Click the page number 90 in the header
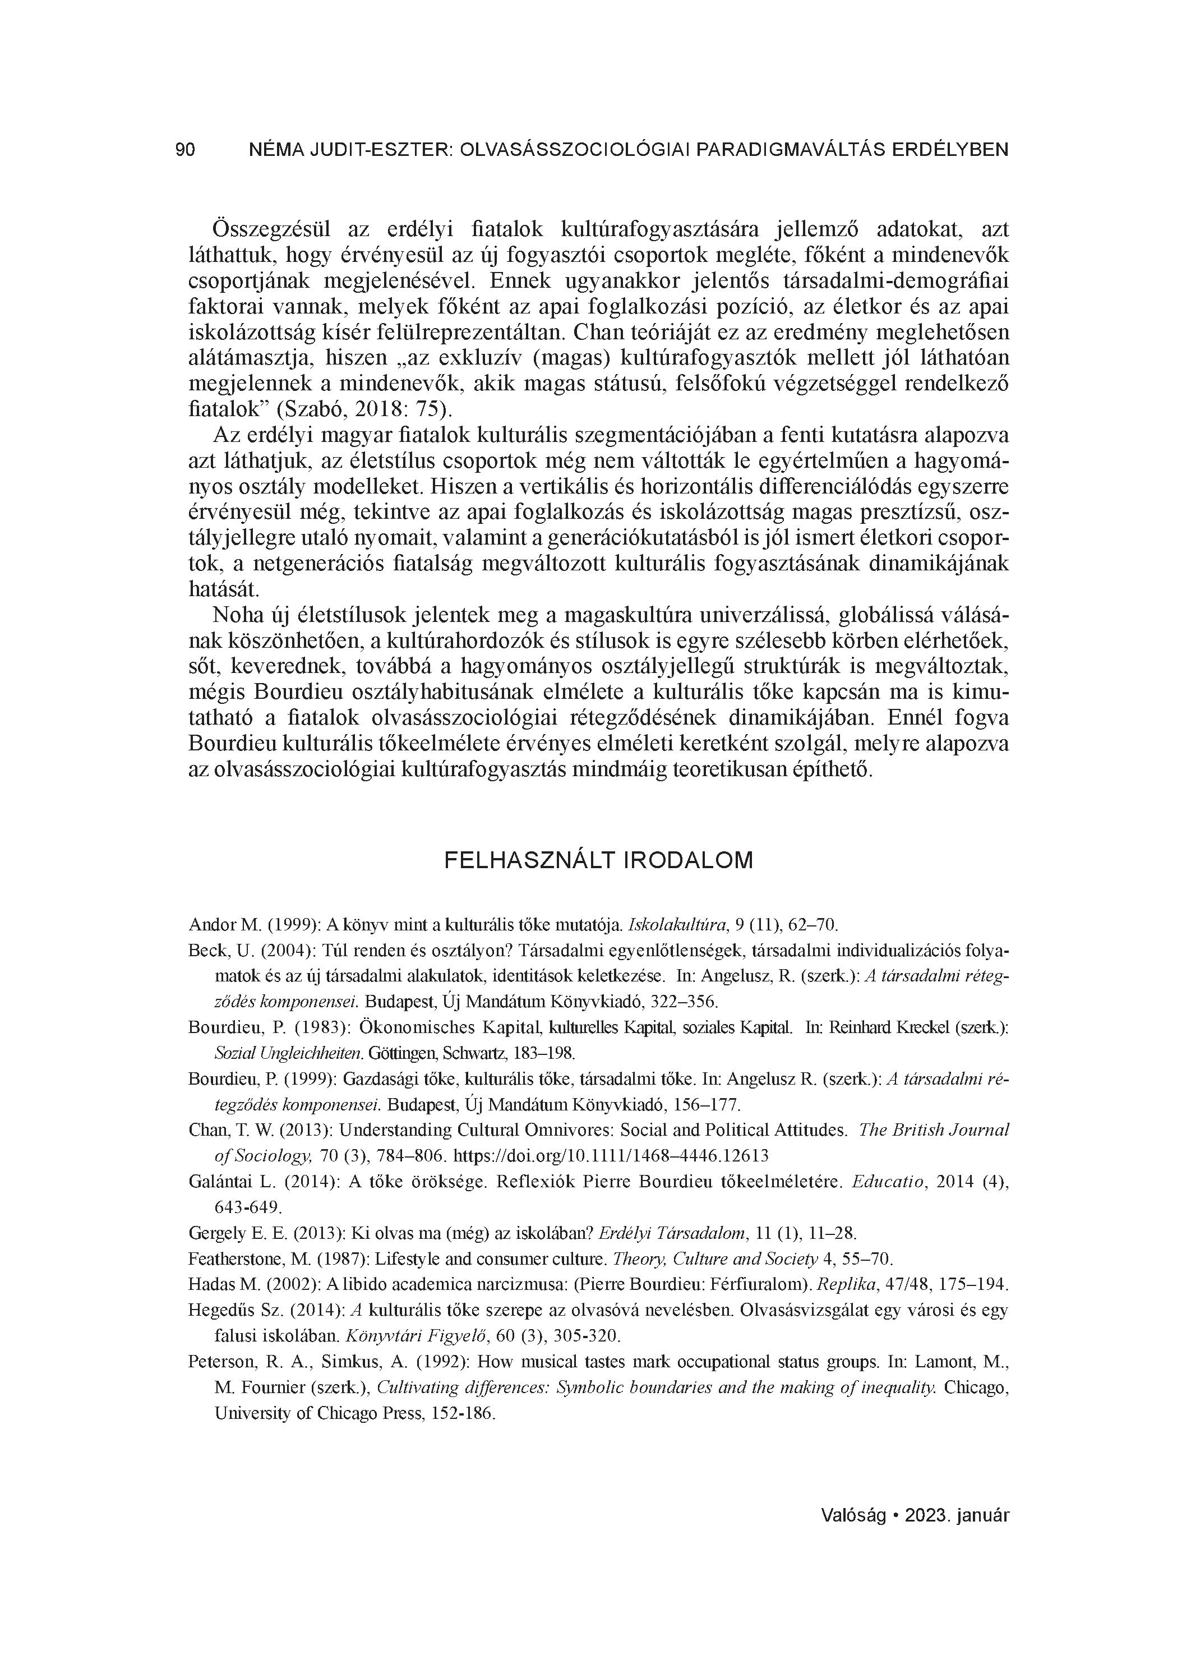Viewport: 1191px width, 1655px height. coord(186,150)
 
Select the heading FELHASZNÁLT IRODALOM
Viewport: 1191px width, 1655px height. coord(598,861)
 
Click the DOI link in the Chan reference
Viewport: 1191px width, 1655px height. coord(611,1156)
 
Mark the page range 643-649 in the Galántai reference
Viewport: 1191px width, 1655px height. coord(247,1207)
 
